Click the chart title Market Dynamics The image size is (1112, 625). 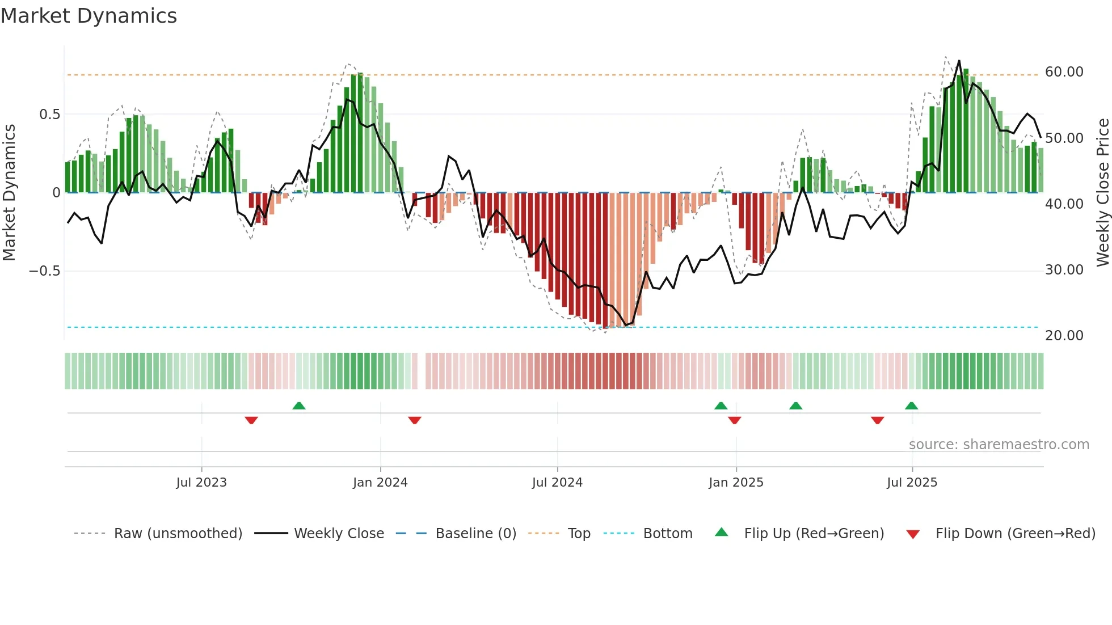point(89,16)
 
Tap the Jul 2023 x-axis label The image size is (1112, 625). point(201,483)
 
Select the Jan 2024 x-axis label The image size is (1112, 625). point(380,483)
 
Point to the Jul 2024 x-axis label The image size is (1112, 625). point(557,483)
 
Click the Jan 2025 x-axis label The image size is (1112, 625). point(736,483)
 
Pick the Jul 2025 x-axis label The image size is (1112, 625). point(912,483)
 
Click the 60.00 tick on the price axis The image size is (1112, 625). point(1064,72)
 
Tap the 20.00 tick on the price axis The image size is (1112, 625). point(1064,336)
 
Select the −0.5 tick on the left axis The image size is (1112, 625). point(44,271)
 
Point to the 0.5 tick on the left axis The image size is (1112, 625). point(49,115)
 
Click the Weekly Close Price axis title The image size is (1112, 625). point(1102,192)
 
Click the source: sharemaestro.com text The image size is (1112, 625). point(999,445)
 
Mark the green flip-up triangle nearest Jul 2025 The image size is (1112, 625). point(911,406)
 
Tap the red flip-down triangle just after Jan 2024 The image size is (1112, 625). point(415,420)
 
